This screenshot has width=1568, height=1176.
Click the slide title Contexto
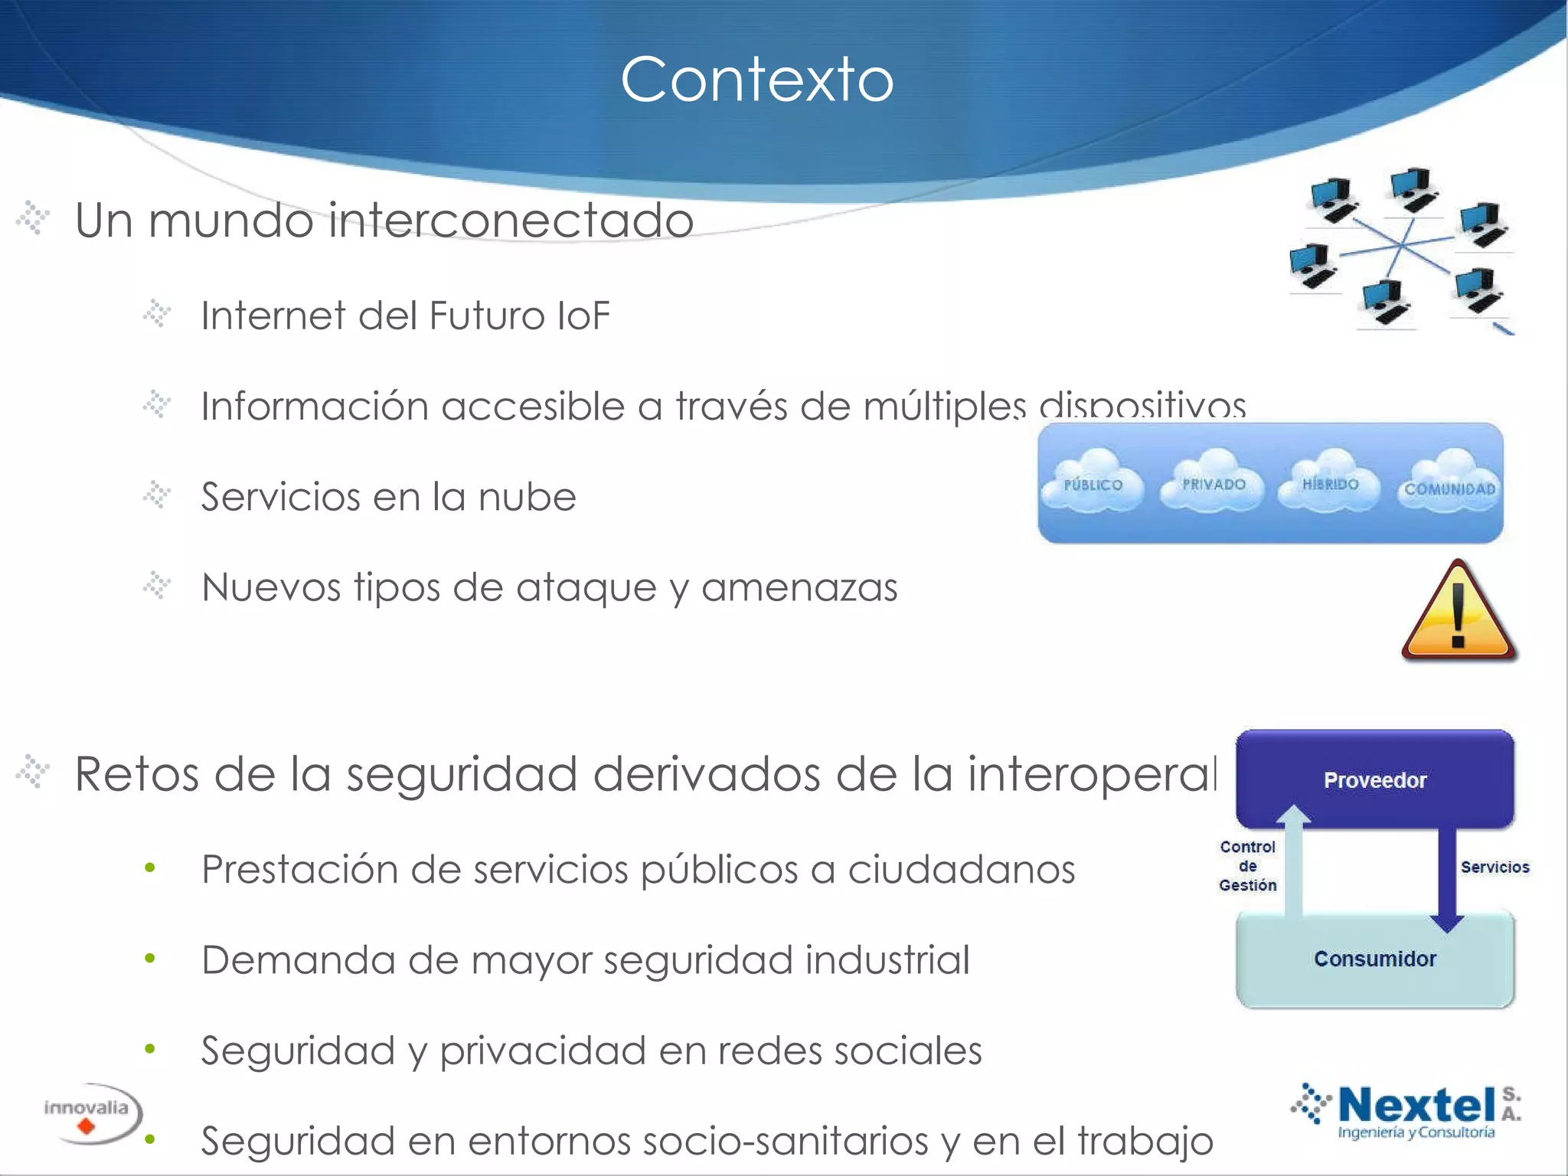click(x=756, y=80)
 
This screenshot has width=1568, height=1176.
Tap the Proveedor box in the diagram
click(x=1375, y=779)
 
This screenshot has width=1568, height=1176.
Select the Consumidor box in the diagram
click(x=1375, y=959)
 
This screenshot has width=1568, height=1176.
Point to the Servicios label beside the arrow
click(x=1494, y=867)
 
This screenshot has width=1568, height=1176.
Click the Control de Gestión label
click(x=1247, y=866)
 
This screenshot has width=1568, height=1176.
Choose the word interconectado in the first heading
click(x=511, y=220)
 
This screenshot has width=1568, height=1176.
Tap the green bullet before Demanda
click(x=150, y=959)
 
